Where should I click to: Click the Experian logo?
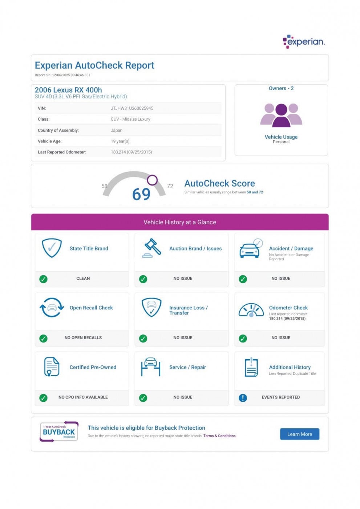[x=304, y=41]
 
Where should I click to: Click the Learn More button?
[x=299, y=434]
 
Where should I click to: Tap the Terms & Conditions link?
[x=219, y=436]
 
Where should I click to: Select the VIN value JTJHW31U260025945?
[x=132, y=108]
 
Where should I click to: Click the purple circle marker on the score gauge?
[x=152, y=180]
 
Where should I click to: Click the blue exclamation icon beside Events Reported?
[x=243, y=398]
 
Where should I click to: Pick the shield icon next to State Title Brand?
[x=52, y=248]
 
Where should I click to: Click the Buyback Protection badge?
[x=59, y=432]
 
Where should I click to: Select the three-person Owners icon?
[x=281, y=115]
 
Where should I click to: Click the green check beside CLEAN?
[x=43, y=279]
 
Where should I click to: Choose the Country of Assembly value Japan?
[x=116, y=131]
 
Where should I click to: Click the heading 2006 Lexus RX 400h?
[x=68, y=90]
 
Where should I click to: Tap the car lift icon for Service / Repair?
[x=151, y=367]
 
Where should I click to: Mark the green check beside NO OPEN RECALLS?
[x=43, y=338]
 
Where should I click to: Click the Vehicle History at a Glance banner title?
[x=180, y=222]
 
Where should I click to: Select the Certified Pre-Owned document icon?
[x=52, y=367]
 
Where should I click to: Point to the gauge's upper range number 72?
[x=170, y=186]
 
